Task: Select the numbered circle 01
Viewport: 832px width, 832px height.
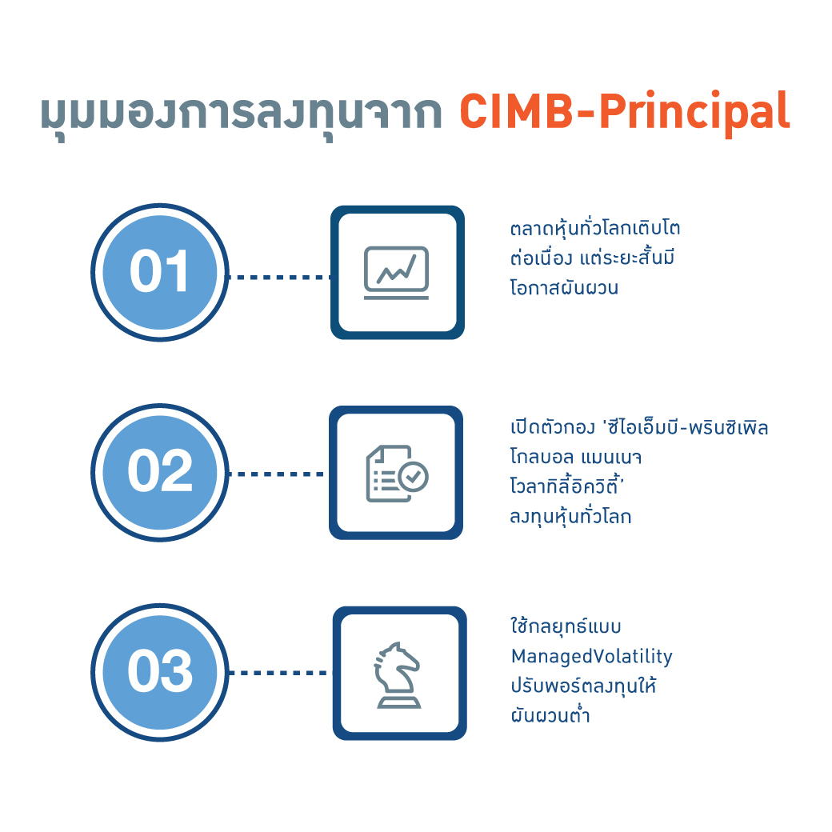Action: [x=160, y=272]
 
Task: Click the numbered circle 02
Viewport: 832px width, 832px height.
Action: [x=160, y=472]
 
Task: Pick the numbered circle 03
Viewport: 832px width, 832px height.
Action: [x=160, y=672]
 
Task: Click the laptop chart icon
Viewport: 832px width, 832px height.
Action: [x=396, y=273]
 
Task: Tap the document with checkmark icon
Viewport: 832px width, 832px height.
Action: [x=397, y=474]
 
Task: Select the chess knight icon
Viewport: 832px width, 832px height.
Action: [x=398, y=674]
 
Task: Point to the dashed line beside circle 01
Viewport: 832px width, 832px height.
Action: [x=280, y=277]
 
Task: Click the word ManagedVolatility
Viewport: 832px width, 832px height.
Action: [x=592, y=657]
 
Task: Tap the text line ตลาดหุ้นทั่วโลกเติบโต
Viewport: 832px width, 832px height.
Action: [x=595, y=229]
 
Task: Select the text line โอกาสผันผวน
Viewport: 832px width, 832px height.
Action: [x=564, y=287]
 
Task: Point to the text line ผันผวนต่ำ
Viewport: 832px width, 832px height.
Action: [x=550, y=714]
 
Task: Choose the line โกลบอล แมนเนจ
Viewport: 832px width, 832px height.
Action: [x=576, y=457]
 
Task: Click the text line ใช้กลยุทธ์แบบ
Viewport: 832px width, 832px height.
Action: [x=566, y=626]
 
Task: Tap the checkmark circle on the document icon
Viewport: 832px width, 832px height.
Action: [x=414, y=477]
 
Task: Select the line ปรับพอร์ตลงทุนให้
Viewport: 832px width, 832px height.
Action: [x=584, y=686]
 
